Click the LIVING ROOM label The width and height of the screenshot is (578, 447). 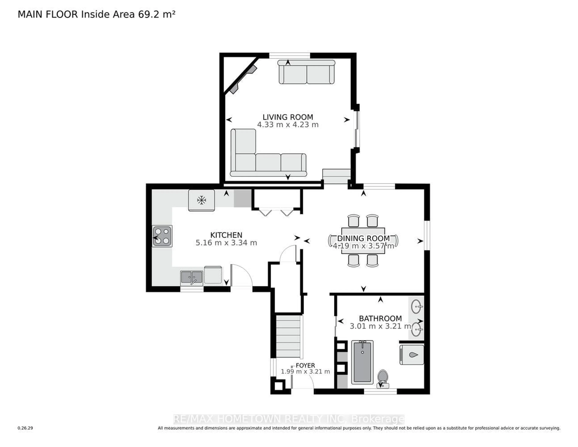[x=288, y=117]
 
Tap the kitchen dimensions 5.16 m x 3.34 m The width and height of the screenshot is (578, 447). [x=226, y=243]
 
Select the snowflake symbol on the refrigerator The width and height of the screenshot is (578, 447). [x=201, y=200]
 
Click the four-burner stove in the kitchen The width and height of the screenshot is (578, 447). [x=162, y=236]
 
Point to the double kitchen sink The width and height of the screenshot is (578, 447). [x=192, y=278]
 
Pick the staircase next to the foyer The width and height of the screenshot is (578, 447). [x=288, y=336]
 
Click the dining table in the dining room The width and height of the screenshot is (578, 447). [x=363, y=241]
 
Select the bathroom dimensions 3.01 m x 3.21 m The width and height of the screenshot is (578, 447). [x=380, y=326]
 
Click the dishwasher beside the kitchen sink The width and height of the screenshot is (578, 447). [x=213, y=275]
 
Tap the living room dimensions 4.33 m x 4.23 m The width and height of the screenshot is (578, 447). [x=288, y=125]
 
